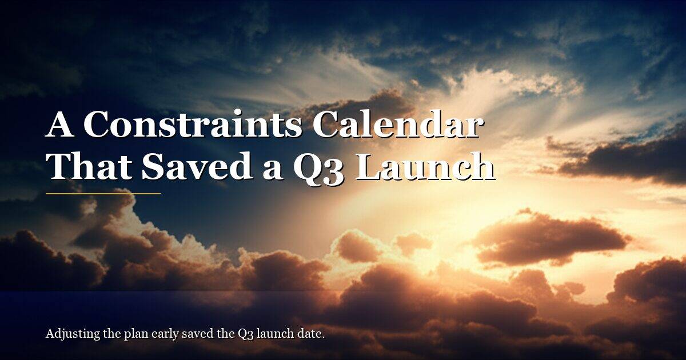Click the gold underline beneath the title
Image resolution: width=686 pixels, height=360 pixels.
click(x=103, y=194)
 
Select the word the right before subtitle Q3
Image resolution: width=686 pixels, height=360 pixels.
click(x=225, y=334)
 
